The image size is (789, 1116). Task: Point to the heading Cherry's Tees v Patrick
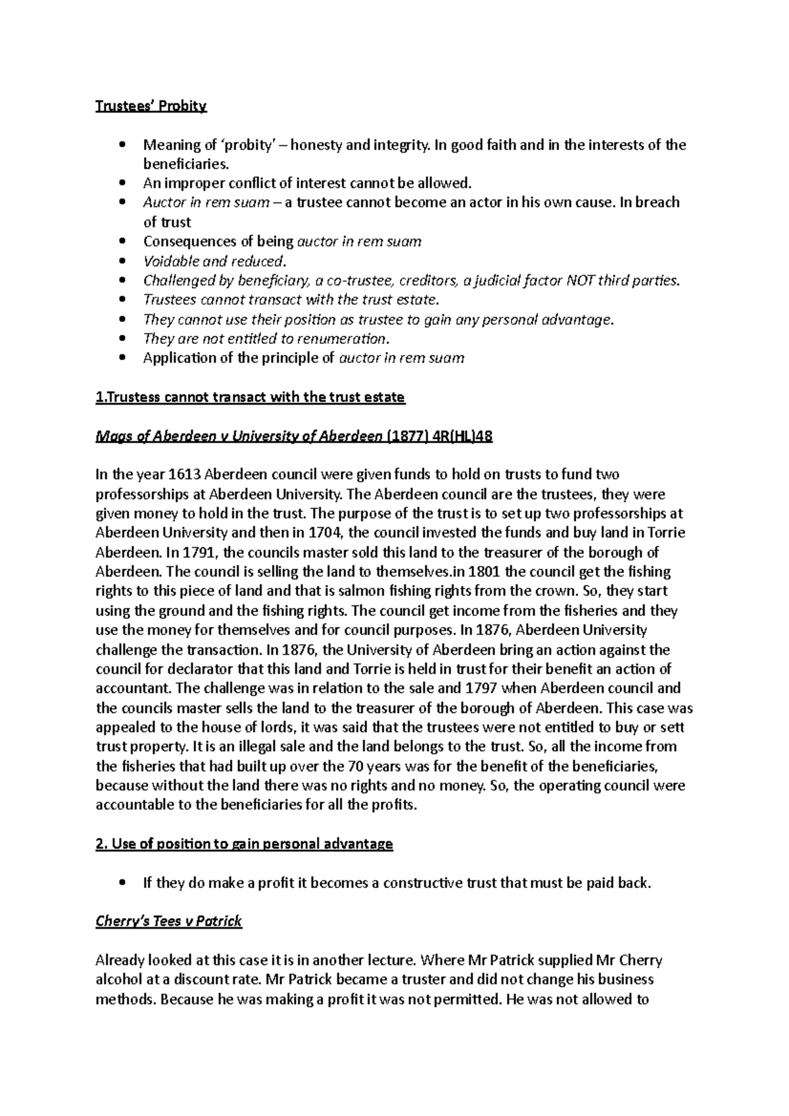(169, 921)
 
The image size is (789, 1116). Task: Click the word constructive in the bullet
(423, 883)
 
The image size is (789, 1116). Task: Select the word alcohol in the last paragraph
(119, 980)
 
